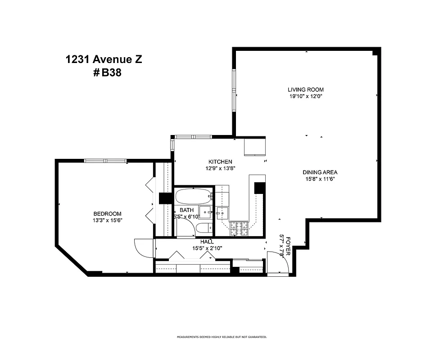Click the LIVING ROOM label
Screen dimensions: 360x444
(x=306, y=90)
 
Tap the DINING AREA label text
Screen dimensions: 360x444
(x=320, y=172)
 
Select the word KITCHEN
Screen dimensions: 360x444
(x=220, y=162)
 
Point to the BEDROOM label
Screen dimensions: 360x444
(x=107, y=214)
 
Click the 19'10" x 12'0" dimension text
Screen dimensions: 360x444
(x=306, y=96)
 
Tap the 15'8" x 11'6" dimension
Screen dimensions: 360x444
(x=320, y=179)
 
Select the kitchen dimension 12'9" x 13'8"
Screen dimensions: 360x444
(x=220, y=168)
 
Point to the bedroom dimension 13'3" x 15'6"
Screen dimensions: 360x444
(x=107, y=220)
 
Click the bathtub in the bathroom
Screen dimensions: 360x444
(x=193, y=196)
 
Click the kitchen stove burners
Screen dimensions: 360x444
(x=239, y=229)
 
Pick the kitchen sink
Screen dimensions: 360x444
(x=222, y=212)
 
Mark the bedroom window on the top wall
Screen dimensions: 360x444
(x=105, y=160)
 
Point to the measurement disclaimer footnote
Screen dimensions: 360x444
(x=222, y=337)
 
